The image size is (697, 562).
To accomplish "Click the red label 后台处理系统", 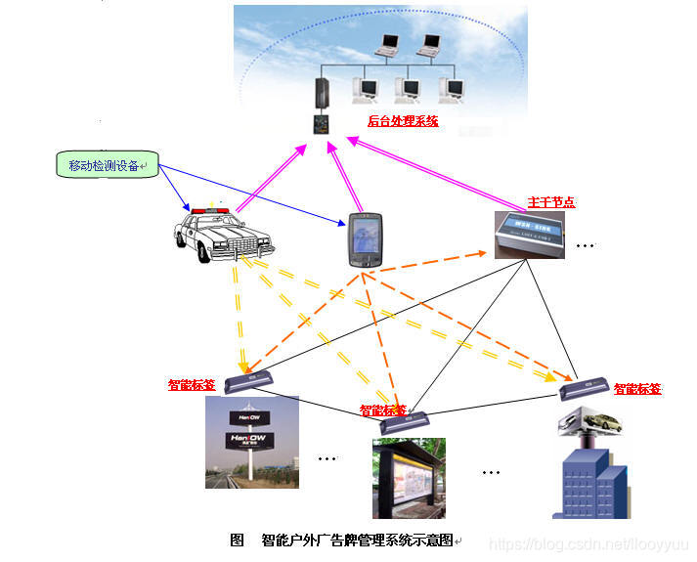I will point(403,121).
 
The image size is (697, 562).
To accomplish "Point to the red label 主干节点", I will point(551,202).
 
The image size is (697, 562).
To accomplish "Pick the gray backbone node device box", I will point(533,234).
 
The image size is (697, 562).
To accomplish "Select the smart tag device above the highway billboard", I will point(250,380).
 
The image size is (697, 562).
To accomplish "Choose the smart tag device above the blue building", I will point(586,388).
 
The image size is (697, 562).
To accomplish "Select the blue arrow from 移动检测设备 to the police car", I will point(175,187).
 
